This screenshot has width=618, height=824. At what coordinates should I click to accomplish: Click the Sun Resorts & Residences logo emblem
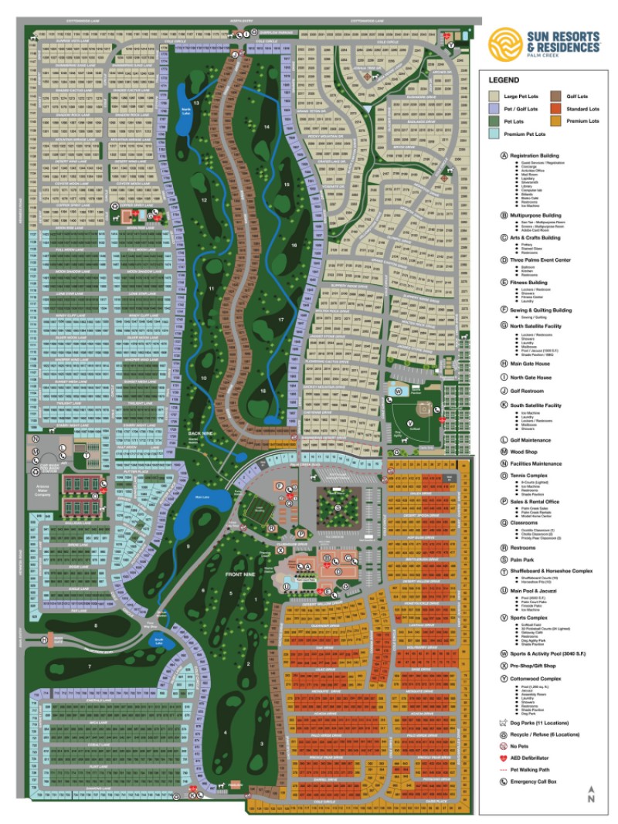[506, 43]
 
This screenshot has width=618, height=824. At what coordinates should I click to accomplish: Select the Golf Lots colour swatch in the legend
[555, 97]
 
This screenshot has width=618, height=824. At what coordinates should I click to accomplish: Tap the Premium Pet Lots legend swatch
[491, 134]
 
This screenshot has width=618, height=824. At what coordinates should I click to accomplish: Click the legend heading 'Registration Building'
[535, 154]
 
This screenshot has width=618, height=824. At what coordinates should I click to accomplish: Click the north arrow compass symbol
[591, 795]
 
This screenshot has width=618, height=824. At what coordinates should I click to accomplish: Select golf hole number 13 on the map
[195, 103]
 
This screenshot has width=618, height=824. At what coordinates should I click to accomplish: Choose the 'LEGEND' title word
[503, 79]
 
